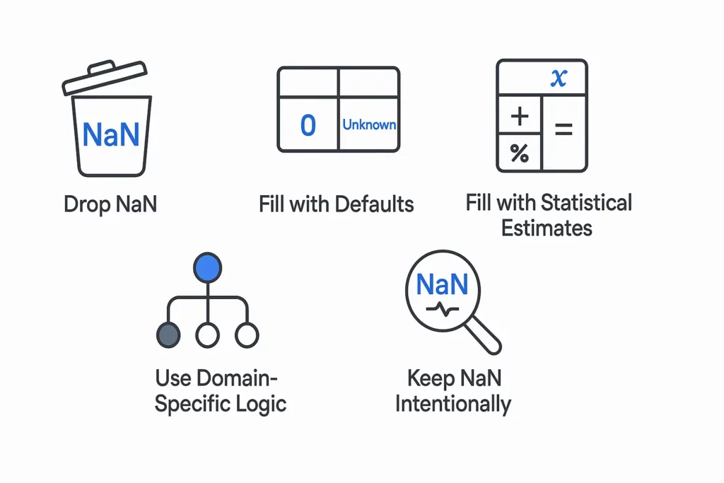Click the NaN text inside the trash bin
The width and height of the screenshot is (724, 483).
point(110,134)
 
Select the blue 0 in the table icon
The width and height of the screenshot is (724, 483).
point(308,124)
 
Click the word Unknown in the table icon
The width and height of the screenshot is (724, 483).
point(369,124)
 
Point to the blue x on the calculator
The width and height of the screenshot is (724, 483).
point(558,77)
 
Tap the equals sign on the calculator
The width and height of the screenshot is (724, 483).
point(564,130)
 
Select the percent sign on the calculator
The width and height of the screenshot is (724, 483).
point(520,153)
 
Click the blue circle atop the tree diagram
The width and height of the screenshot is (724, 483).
point(207,267)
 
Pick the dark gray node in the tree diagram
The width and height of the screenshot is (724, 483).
point(168,334)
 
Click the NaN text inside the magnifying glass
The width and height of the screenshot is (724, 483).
point(442,284)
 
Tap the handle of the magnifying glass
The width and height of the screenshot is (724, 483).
point(484,335)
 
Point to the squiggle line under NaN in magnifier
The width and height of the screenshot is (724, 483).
point(443,308)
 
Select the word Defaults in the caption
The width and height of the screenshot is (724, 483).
point(374,204)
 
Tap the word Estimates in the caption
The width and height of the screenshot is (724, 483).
point(547,228)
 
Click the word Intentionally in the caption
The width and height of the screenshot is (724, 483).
point(452,404)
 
